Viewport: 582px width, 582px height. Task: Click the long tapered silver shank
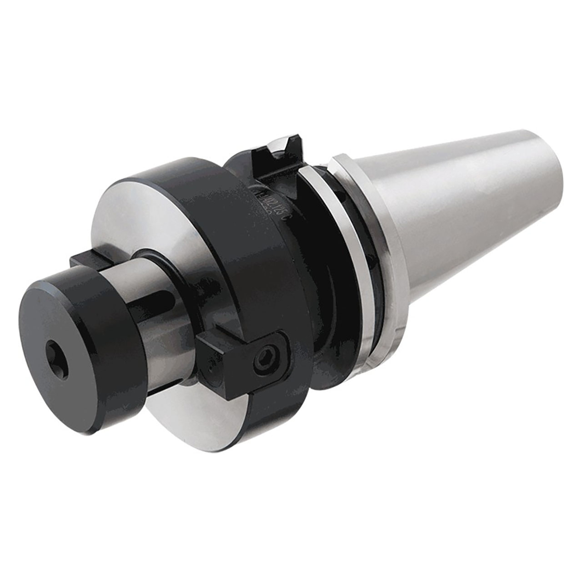[x=455, y=218]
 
